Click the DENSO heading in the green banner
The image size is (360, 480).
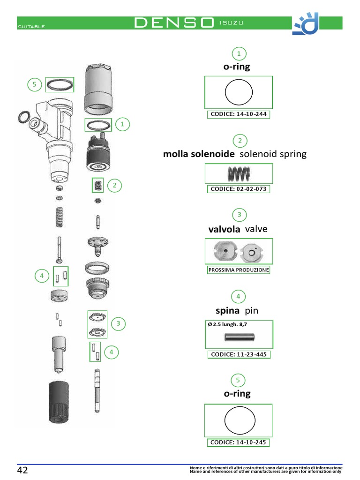pos(174,23)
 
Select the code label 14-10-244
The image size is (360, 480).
pos(239,114)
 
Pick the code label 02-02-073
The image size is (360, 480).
pos(239,189)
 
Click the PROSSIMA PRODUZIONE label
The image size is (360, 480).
pos(239,270)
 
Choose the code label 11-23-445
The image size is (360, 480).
pos(239,354)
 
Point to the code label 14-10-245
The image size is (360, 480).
pos(239,442)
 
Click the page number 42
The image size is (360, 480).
pos(23,470)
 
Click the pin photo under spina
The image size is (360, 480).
pos(239,336)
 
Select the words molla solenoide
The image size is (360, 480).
pos(199,154)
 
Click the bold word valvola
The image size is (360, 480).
pos(224,229)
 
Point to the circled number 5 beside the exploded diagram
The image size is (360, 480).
pos(34,85)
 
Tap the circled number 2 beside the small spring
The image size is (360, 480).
pos(114,186)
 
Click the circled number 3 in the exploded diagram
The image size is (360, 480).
pos(119,323)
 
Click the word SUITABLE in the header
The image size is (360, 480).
pos(31,27)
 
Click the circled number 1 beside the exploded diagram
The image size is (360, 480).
pos(122,124)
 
